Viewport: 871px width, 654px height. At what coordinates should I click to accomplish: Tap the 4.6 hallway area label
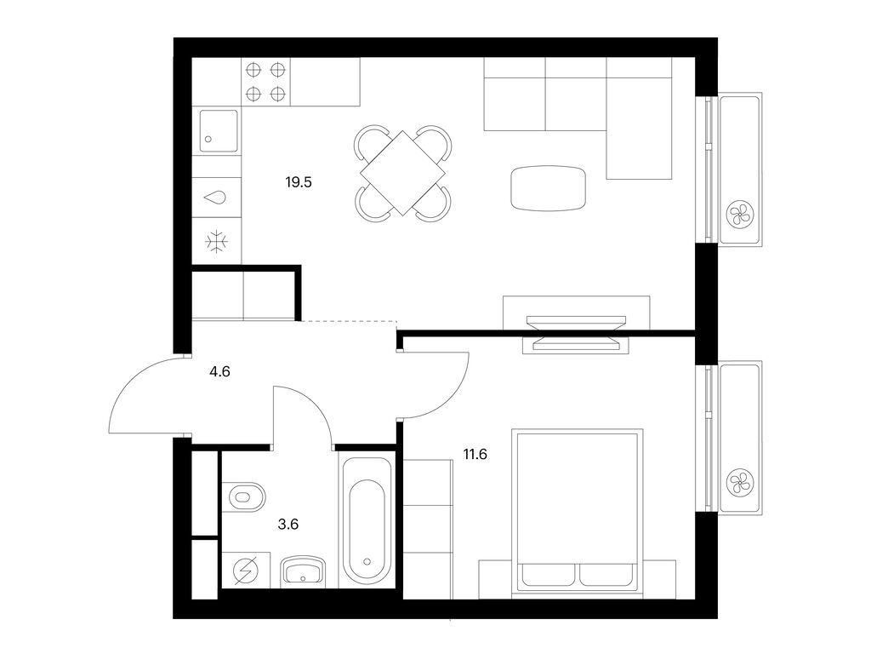coord(219,370)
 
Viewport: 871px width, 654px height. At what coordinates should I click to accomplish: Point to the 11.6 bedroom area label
coord(475,454)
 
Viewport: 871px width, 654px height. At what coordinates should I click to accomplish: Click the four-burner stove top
coord(265,83)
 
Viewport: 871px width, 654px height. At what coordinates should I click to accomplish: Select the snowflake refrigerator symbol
coord(218,241)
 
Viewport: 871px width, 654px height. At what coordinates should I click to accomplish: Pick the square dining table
coord(402,172)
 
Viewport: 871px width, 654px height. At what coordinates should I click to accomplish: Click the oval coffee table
coord(549,187)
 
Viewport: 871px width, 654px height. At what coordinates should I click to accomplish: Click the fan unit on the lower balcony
coord(739,483)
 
